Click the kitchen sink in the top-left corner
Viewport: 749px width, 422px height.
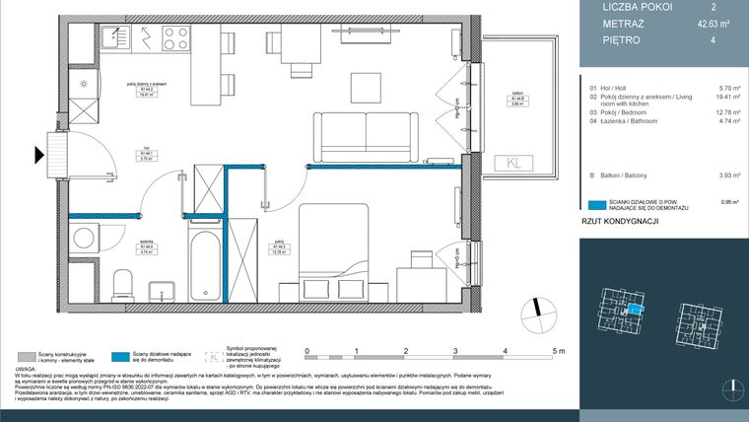[x=110, y=39]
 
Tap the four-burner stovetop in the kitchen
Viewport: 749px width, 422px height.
[x=175, y=39]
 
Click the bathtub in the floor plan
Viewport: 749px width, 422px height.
[x=207, y=263]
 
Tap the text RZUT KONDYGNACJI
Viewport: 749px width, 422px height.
[x=618, y=223]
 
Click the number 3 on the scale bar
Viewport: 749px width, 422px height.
[x=456, y=350]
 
